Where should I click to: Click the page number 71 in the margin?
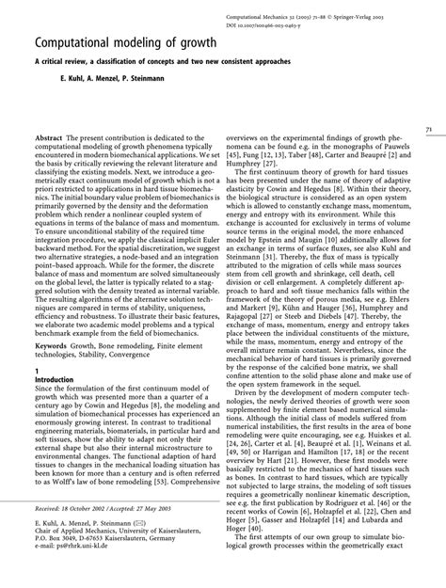[x=428, y=128]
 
